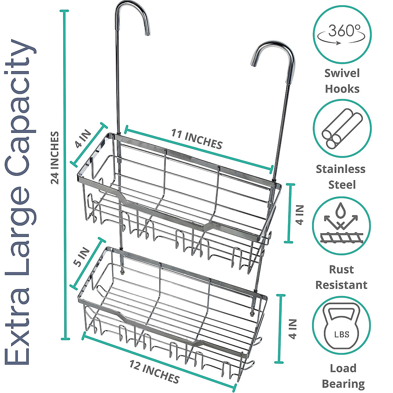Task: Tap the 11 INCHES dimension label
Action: coord(197,139)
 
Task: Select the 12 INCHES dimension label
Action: coord(154,371)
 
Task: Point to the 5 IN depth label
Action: coord(82,257)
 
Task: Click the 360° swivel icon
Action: coord(342,34)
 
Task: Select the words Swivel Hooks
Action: coord(342,81)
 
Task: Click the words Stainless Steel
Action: coord(341,177)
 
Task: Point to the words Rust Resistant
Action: coord(341,277)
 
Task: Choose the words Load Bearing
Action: coord(343,376)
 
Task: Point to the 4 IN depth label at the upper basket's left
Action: coord(83,139)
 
